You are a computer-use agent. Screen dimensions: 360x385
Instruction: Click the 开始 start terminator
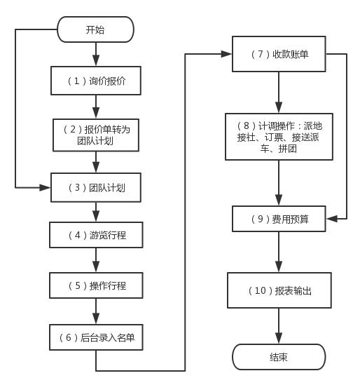click(96, 29)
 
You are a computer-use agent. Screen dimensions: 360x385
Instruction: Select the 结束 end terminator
click(279, 357)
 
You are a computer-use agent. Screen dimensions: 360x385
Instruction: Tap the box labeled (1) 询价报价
click(96, 81)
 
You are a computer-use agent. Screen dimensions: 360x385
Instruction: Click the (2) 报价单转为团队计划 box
click(96, 135)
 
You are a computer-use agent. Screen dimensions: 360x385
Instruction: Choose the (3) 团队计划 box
click(96, 187)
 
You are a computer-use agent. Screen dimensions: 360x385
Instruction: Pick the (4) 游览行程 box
click(96, 235)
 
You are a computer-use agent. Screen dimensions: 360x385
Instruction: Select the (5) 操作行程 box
click(96, 285)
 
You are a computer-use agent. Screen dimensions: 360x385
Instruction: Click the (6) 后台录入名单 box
click(96, 337)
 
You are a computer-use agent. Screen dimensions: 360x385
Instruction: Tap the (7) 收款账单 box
click(279, 54)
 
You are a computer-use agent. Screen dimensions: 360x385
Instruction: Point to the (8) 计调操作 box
click(279, 137)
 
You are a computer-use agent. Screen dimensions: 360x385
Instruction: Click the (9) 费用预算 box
click(279, 219)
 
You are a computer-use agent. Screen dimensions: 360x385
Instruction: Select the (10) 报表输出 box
click(279, 290)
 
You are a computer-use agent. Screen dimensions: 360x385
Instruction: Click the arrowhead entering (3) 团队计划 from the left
click(45, 187)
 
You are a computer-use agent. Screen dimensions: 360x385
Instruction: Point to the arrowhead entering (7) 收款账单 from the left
click(226, 54)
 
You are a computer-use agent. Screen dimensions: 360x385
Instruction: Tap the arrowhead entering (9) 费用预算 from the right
click(331, 219)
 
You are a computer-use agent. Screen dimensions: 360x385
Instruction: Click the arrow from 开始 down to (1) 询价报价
click(96, 54)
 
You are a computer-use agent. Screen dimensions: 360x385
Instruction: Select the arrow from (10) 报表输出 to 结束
click(279, 326)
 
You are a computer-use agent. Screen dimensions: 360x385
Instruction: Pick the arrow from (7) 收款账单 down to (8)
click(279, 93)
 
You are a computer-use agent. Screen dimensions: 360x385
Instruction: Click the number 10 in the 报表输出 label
click(261, 290)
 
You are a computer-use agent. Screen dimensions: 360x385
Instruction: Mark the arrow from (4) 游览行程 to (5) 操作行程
click(96, 260)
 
